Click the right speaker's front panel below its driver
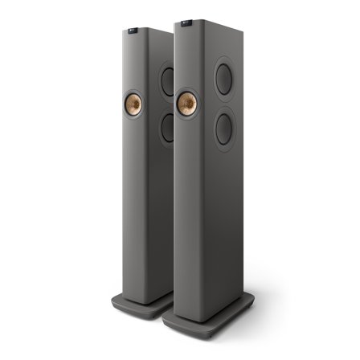point(188,209)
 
